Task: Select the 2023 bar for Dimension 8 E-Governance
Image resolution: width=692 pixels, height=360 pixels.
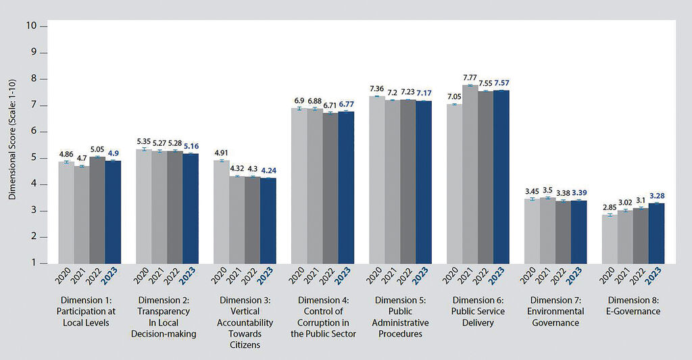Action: [656, 233]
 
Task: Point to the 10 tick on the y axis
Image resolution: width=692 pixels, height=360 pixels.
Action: [31, 26]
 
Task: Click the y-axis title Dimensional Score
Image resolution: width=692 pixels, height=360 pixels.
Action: [13, 144]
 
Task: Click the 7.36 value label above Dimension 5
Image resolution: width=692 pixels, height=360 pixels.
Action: [377, 88]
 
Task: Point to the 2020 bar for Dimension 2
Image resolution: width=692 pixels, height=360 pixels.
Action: [144, 205]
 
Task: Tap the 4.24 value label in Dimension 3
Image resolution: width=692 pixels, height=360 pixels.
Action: [268, 171]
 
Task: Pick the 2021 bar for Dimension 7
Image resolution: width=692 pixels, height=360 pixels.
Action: [547, 230]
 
